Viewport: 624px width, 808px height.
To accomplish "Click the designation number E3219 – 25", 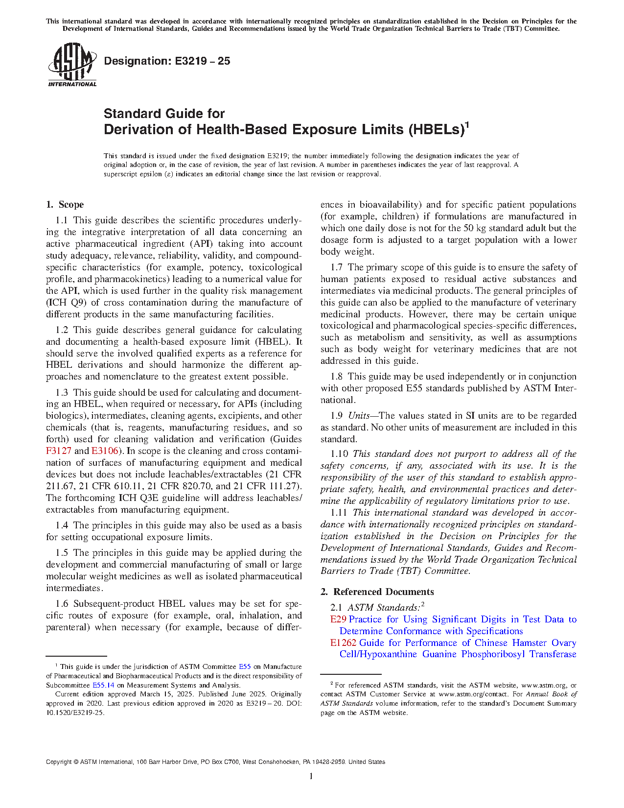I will click(x=202, y=61).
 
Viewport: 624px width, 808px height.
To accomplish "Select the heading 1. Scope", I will click(x=65, y=205).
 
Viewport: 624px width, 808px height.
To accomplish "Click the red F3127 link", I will click(x=59, y=451).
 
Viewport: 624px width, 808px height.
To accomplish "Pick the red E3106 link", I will click(x=105, y=451).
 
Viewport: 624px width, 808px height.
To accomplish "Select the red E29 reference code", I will click(x=338, y=619).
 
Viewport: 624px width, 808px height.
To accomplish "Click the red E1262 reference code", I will click(x=343, y=643).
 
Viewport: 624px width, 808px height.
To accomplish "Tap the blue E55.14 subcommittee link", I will click(x=103, y=685).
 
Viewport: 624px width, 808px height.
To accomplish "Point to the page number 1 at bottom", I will click(x=311, y=776).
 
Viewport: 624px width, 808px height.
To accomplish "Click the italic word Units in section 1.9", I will click(x=359, y=416).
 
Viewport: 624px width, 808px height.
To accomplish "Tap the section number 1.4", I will click(x=62, y=525).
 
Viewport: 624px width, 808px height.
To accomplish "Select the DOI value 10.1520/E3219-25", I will click(x=75, y=713).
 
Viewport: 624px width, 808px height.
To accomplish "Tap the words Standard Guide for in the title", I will click(x=164, y=114).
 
